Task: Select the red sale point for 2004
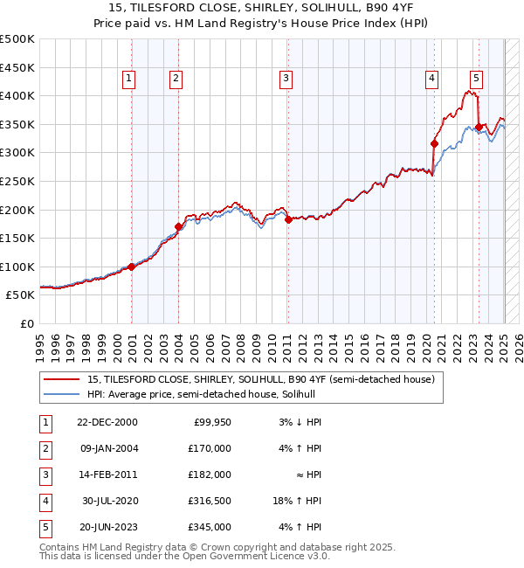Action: [x=178, y=226]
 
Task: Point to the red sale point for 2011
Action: [x=288, y=219]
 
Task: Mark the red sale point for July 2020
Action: [x=434, y=143]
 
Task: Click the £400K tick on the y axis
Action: [x=17, y=95]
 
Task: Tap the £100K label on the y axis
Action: [x=17, y=267]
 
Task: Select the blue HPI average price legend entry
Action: [x=205, y=395]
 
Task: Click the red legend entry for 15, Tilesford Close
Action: [x=253, y=379]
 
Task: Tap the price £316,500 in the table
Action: [x=209, y=501]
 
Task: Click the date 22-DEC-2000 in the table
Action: [x=107, y=422]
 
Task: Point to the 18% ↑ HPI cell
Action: [x=298, y=501]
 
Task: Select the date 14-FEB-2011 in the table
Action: [x=107, y=474]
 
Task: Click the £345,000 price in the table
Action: [x=209, y=527]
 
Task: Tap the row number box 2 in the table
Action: [x=43, y=448]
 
